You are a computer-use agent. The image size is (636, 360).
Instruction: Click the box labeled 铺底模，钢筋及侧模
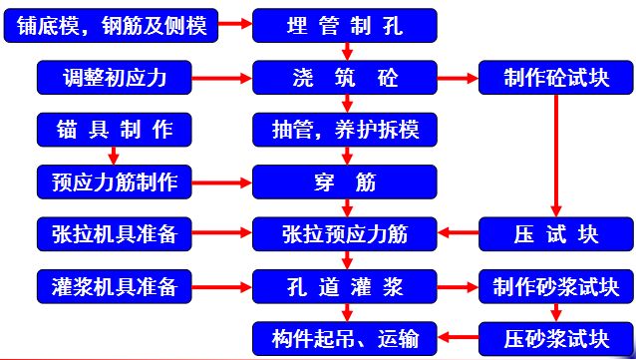point(112,25)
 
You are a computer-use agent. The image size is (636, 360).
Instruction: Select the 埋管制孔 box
point(345,25)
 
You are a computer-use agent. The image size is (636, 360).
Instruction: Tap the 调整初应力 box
point(112,77)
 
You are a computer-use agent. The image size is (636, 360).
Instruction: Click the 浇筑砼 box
point(345,77)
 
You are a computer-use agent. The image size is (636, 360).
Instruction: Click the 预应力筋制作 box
point(112,181)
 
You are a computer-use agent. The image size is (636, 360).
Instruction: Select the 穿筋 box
point(345,181)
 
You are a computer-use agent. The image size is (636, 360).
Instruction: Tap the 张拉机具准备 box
point(112,234)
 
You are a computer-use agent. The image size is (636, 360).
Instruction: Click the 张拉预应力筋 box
point(345,234)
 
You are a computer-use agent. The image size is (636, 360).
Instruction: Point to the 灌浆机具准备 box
point(112,287)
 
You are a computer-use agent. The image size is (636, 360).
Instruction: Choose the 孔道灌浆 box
point(345,287)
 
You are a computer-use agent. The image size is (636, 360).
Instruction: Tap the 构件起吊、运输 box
point(345,336)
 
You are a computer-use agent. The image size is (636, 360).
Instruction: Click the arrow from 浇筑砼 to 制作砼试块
point(458,77)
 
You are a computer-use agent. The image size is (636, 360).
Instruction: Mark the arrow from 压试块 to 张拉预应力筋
point(458,234)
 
